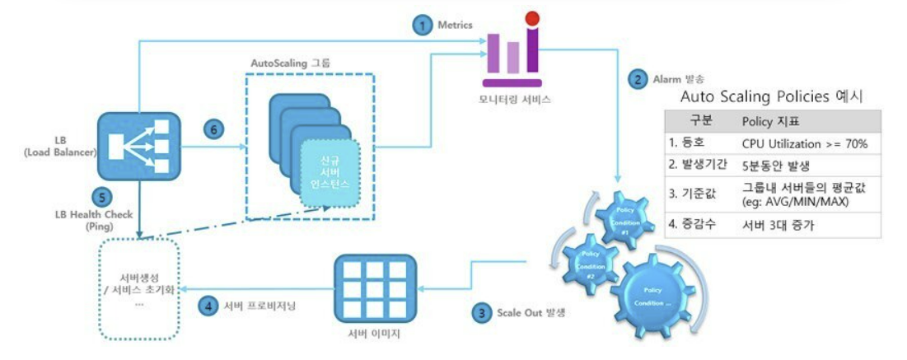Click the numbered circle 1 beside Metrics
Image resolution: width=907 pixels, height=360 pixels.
[422, 25]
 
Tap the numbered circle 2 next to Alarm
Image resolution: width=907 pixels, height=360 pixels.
[638, 80]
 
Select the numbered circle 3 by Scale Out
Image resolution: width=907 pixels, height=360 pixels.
[480, 313]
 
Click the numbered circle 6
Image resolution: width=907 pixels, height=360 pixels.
[213, 130]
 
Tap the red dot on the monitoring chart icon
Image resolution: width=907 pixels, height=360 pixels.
[531, 16]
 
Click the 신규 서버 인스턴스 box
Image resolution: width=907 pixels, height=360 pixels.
[330, 174]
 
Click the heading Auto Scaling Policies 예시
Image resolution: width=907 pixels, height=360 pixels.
[770, 96]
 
